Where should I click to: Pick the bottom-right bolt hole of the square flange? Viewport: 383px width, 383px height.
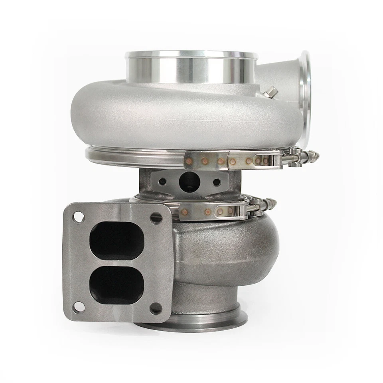click(155, 308)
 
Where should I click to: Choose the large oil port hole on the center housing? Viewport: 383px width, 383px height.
click(188, 182)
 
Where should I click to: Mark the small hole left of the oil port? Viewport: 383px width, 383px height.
click(163, 182)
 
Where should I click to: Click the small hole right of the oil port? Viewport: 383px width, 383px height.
click(217, 182)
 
